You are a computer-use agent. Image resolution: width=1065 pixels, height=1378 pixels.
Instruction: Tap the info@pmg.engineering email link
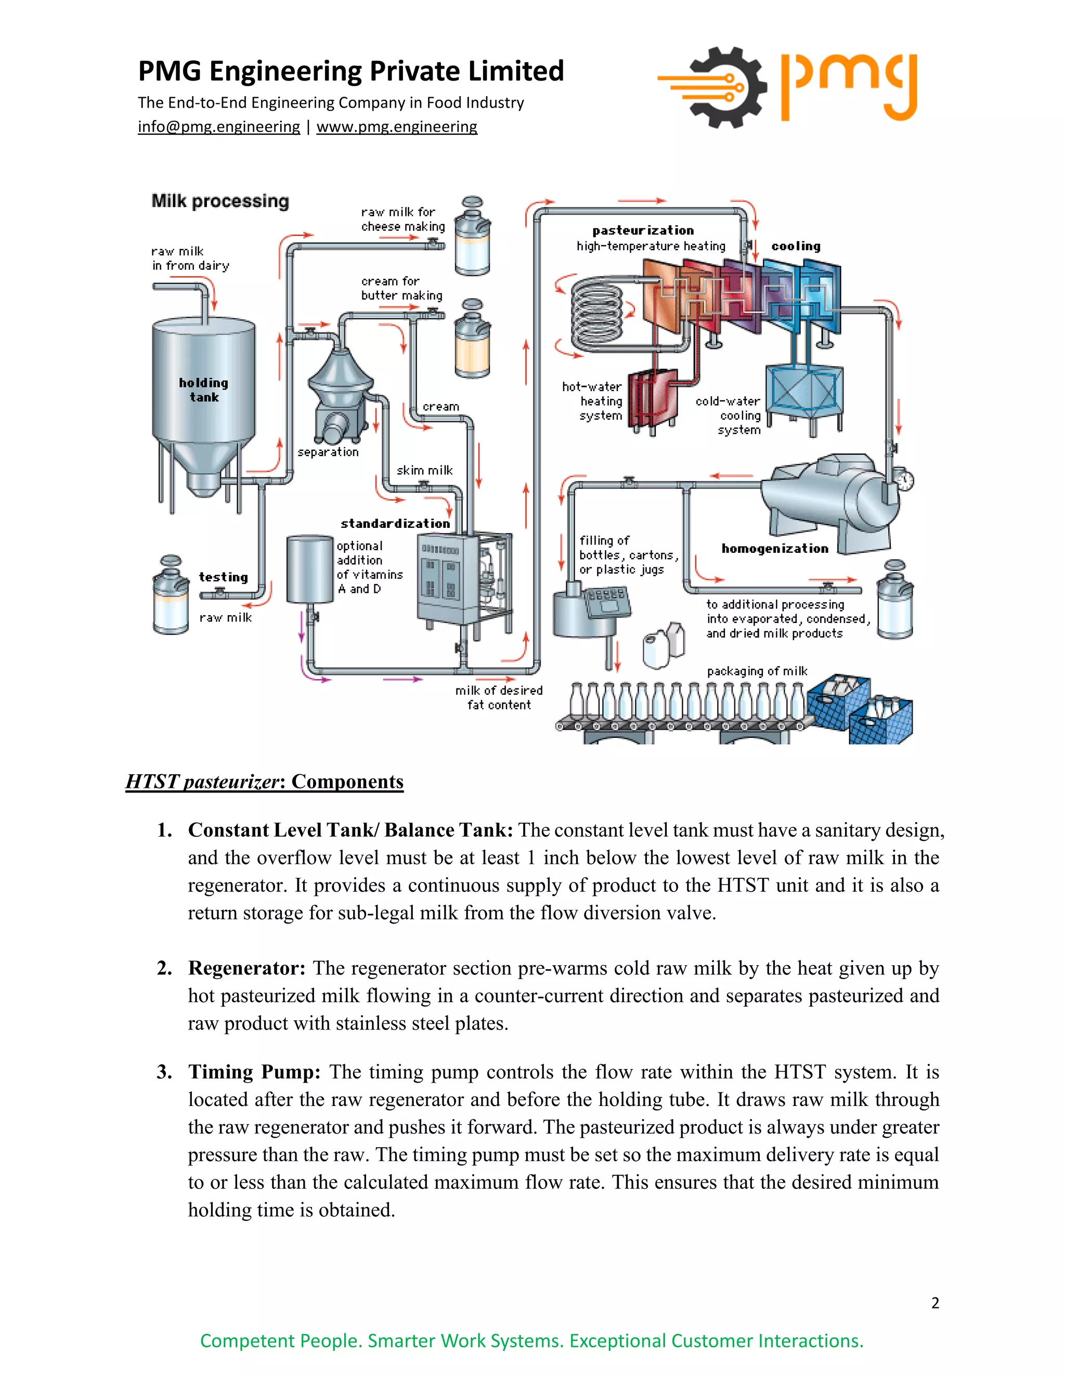[x=218, y=127]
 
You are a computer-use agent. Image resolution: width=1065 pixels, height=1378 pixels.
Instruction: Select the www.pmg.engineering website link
[x=396, y=127]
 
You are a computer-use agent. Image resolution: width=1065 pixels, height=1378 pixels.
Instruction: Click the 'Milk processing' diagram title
[x=219, y=201]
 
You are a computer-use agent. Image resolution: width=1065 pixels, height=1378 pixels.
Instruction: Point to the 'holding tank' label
[x=204, y=390]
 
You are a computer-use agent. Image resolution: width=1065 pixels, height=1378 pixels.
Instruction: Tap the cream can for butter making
[x=473, y=339]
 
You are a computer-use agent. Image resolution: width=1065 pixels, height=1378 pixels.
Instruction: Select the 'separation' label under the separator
[x=328, y=452]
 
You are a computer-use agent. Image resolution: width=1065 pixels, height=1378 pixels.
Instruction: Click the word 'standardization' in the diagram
[x=395, y=524]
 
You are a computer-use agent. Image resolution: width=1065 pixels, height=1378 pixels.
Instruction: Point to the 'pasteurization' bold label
[x=643, y=230]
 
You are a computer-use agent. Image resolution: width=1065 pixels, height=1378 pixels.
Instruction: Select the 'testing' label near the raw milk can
[x=223, y=577]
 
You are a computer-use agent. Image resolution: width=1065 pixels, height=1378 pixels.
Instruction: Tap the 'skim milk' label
[x=425, y=470]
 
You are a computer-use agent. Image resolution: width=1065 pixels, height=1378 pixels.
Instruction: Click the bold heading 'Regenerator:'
[x=246, y=968]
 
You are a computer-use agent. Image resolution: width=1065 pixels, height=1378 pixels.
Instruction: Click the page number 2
[x=935, y=1303]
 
